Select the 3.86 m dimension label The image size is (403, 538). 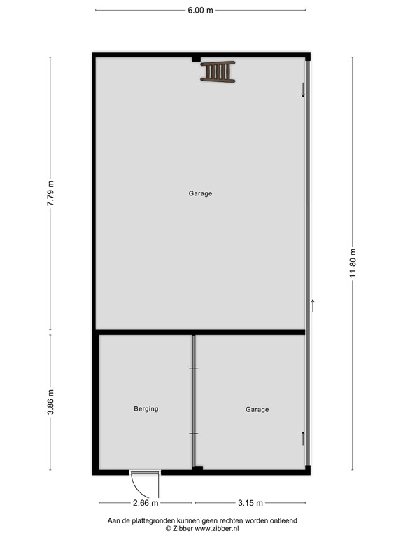(x=50, y=402)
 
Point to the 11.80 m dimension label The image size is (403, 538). (x=353, y=263)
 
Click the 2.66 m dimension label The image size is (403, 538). (x=146, y=502)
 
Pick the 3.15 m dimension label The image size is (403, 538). (x=250, y=502)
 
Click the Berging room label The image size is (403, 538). (x=146, y=408)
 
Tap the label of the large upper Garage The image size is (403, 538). (x=200, y=193)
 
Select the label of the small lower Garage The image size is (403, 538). (x=257, y=409)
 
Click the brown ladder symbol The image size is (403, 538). (x=218, y=71)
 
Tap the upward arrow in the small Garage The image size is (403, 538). (x=303, y=439)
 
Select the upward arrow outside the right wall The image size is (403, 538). (x=313, y=305)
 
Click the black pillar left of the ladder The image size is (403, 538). (x=196, y=60)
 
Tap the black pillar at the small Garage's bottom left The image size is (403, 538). (x=198, y=468)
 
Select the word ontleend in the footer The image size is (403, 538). (x=282, y=520)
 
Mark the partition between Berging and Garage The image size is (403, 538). (x=193, y=402)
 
